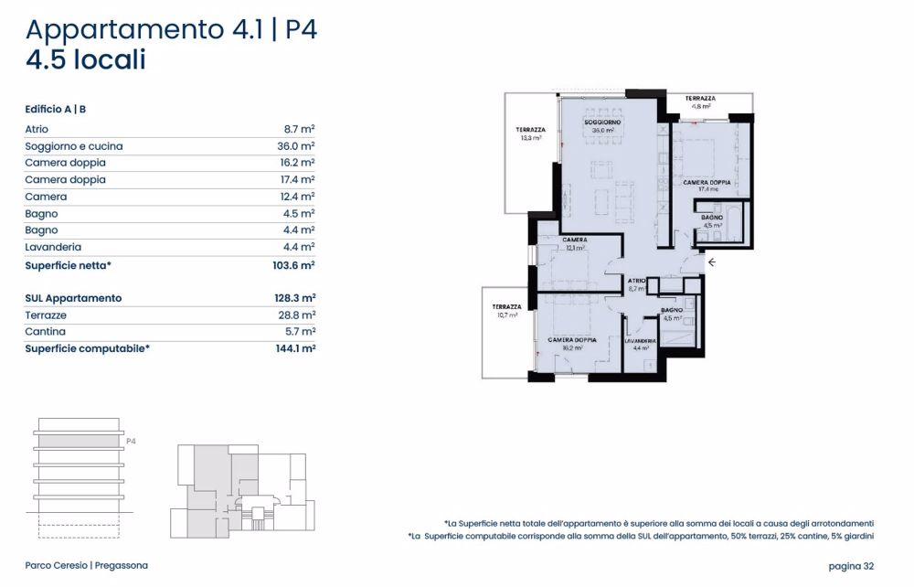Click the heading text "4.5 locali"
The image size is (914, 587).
click(86, 60)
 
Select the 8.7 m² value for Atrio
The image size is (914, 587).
click(299, 130)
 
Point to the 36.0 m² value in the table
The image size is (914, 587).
click(297, 146)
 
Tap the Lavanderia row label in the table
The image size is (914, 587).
click(53, 247)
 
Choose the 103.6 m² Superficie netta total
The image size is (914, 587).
click(294, 264)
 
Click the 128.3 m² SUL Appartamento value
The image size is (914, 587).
click(294, 298)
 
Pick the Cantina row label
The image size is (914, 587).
click(46, 332)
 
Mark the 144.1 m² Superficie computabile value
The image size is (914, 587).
click(294, 348)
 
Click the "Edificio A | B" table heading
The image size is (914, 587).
click(56, 109)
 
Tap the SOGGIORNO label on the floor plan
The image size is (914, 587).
click(603, 123)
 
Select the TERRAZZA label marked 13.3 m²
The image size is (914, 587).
click(531, 130)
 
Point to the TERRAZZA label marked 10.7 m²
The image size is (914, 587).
click(505, 306)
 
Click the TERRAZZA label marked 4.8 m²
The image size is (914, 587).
click(701, 98)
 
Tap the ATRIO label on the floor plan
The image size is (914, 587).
click(637, 281)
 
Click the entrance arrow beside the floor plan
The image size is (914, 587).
click(713, 263)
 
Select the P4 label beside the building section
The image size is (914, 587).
click(131, 441)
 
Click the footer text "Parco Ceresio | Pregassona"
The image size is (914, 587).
click(86, 566)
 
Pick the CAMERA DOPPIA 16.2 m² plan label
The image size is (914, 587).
click(572, 339)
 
